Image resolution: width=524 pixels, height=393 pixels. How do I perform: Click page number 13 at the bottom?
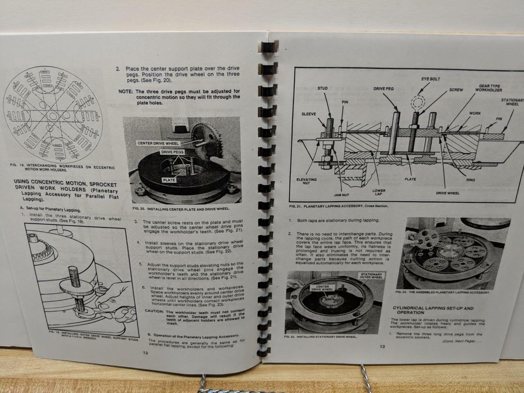pyautogui.click(x=383, y=346)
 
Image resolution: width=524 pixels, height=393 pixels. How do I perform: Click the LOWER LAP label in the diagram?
pyautogui.click(x=378, y=192)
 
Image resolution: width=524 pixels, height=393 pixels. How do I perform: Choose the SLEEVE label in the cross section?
pyautogui.click(x=309, y=113)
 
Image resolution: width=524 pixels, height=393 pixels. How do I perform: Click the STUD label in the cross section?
pyautogui.click(x=322, y=89)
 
